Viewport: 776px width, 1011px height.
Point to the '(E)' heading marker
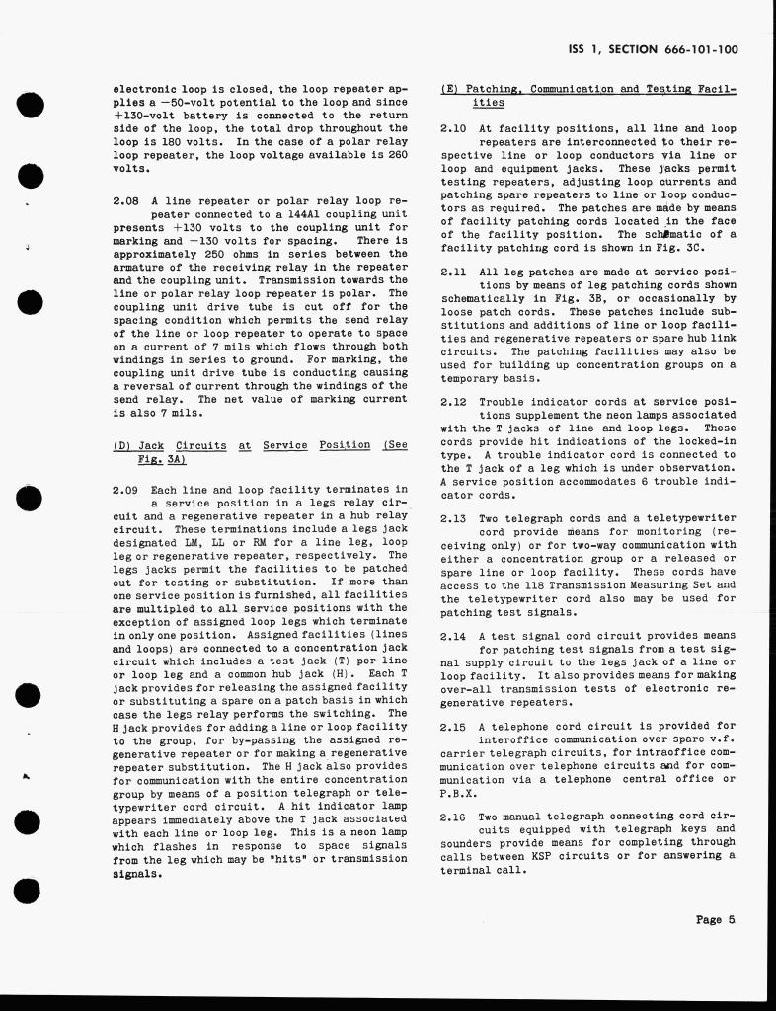[x=449, y=89]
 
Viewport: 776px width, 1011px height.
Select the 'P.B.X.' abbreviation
[x=460, y=792]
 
